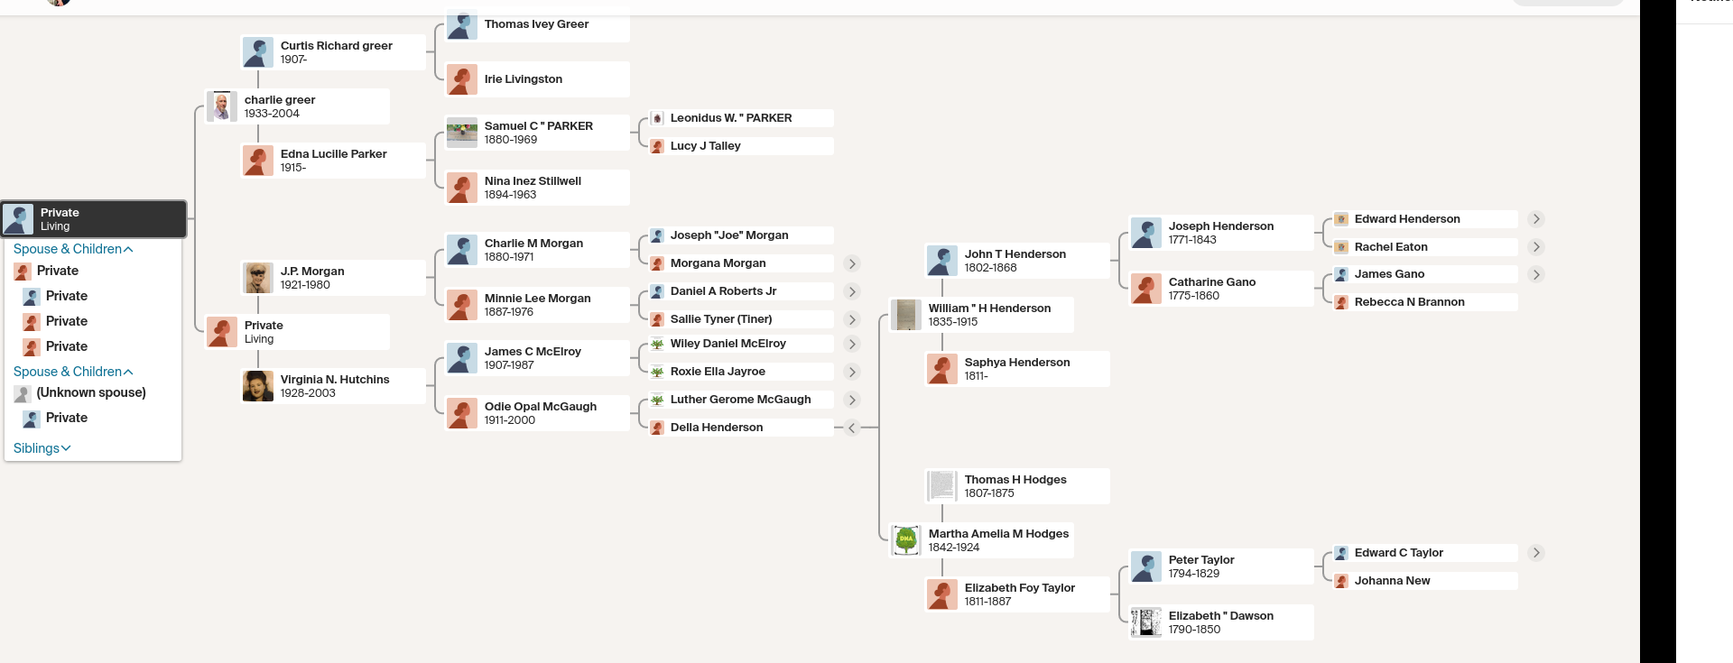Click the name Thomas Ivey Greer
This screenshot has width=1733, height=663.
pos(536,24)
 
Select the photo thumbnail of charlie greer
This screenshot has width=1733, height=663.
pos(221,106)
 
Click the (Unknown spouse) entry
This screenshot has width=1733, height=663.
pos(90,392)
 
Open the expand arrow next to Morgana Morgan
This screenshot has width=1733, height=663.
pos(851,263)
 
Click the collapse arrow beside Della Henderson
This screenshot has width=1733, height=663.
pos(851,428)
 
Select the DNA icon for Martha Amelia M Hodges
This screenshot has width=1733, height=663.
pos(905,539)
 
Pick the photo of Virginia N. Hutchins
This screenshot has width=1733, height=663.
pos(258,386)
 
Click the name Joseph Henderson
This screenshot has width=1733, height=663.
pos(1220,226)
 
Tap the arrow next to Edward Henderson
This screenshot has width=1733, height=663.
pos(1535,219)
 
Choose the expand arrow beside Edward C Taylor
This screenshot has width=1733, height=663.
pos(1535,553)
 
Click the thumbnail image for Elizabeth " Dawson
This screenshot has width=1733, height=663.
pos(1146,622)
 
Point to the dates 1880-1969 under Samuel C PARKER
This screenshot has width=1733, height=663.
pos(511,140)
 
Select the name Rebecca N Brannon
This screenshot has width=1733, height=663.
pos(1409,302)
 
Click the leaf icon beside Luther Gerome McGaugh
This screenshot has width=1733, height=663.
pos(658,400)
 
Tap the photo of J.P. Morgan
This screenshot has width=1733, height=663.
pos(258,278)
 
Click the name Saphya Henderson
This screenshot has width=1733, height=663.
pos(1017,363)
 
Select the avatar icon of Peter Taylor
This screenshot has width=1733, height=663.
pos(1146,566)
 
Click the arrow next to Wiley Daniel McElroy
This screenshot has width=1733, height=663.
pos(851,344)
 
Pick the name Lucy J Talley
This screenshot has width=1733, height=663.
pos(705,146)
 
